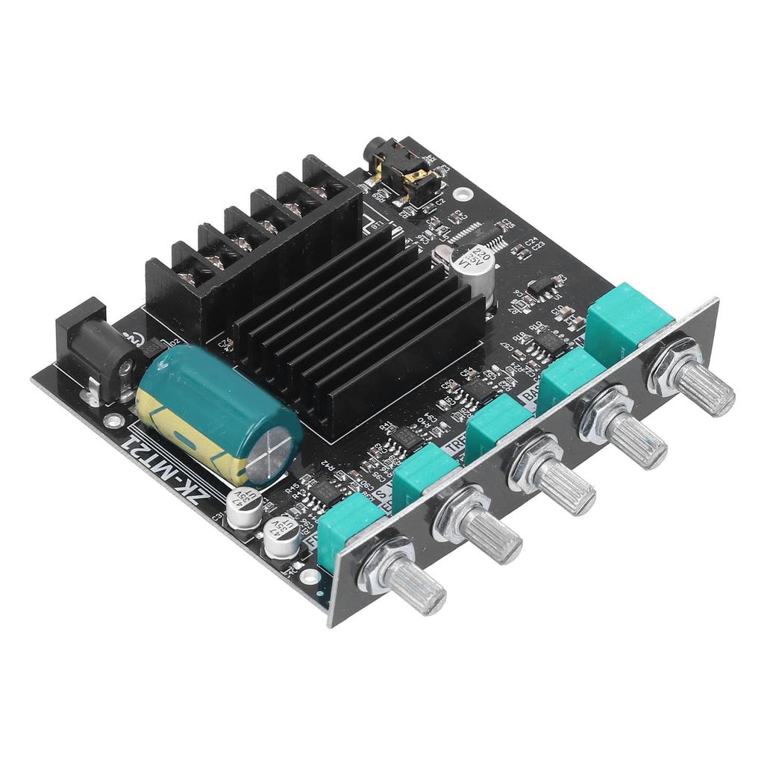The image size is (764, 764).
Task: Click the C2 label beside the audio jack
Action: (439, 200)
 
